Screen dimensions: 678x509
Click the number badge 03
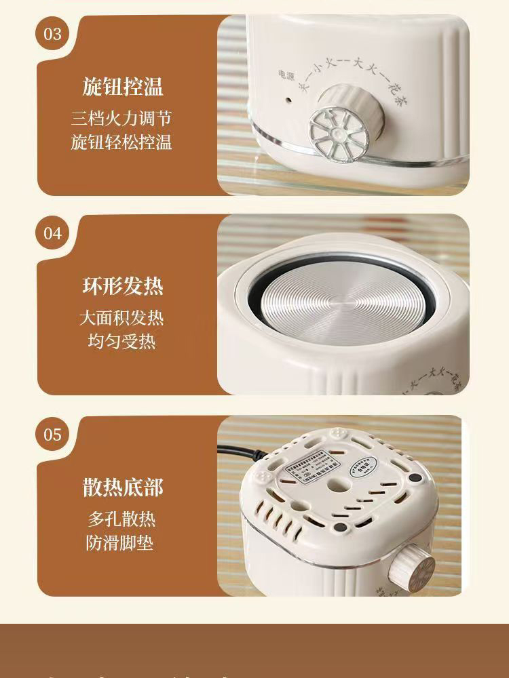tap(53, 34)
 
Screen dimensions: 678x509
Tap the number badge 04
tap(53, 234)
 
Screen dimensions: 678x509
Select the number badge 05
tap(53, 435)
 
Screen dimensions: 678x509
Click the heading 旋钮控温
tap(123, 87)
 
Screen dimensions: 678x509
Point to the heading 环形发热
tap(123, 286)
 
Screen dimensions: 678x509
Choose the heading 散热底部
tap(123, 487)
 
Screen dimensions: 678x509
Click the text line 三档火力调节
tap(121, 119)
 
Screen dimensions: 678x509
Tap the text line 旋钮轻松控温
tap(121, 142)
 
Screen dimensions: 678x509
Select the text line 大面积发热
tap(121, 317)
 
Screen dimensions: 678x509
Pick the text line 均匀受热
tap(121, 341)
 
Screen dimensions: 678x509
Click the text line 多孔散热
tap(121, 519)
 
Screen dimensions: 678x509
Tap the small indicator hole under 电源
tap(288, 99)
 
